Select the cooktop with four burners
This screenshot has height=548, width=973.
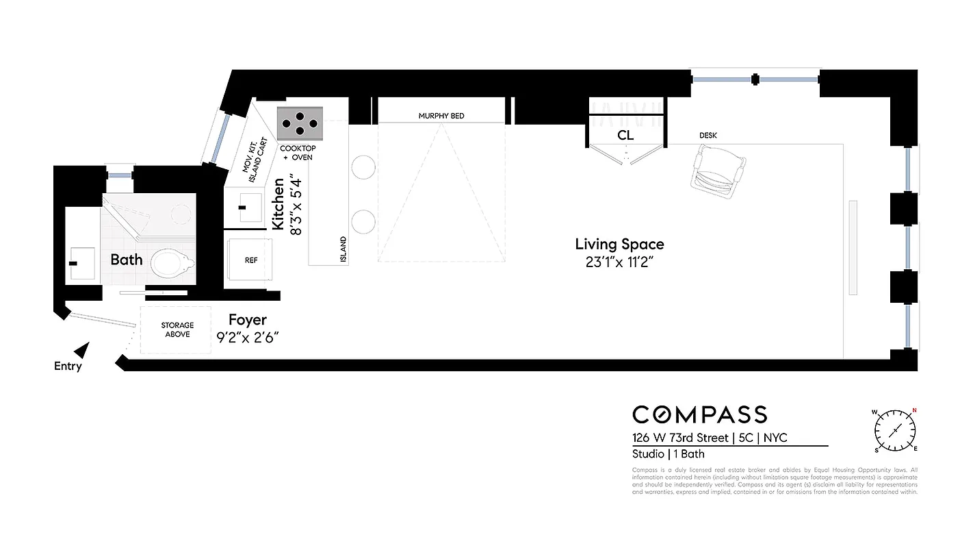pyautogui.click(x=299, y=123)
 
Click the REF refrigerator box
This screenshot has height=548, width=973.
pyautogui.click(x=250, y=260)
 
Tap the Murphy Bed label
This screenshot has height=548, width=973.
pyautogui.click(x=441, y=116)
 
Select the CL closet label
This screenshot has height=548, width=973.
pyautogui.click(x=625, y=136)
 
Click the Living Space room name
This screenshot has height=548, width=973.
pyautogui.click(x=619, y=244)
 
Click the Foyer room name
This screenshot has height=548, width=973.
pyautogui.click(x=247, y=320)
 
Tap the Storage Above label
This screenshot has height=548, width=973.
pyautogui.click(x=177, y=329)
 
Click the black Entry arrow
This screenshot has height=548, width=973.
pyautogui.click(x=82, y=351)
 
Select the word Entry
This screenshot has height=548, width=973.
pyautogui.click(x=68, y=366)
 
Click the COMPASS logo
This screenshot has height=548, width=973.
pyautogui.click(x=699, y=414)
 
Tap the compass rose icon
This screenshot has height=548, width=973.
pyautogui.click(x=895, y=430)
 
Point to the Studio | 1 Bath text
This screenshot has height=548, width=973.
pyautogui.click(x=668, y=453)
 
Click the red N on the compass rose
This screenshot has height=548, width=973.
pyautogui.click(x=913, y=411)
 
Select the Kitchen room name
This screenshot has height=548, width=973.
pyautogui.click(x=278, y=203)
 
